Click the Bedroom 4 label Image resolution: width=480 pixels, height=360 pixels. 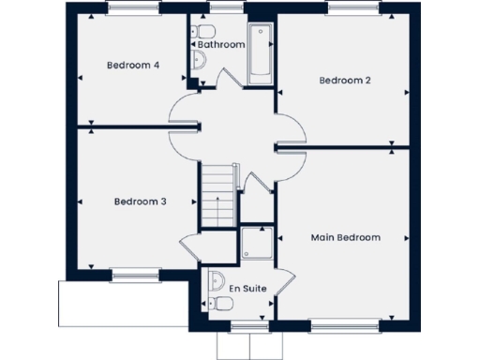[132, 65]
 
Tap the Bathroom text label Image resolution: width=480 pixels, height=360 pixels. [221, 44]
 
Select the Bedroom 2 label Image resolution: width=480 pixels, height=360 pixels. [345, 81]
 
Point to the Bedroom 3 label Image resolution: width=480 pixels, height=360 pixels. [141, 202]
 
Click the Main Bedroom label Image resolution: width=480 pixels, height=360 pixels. [345, 237]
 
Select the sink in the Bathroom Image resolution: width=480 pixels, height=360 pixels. [200, 62]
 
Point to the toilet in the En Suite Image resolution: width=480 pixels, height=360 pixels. [215, 281]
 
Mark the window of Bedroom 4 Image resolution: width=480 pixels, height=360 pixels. [132, 7]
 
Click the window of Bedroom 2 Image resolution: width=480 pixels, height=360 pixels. [354, 7]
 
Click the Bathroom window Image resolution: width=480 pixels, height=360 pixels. [221, 7]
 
